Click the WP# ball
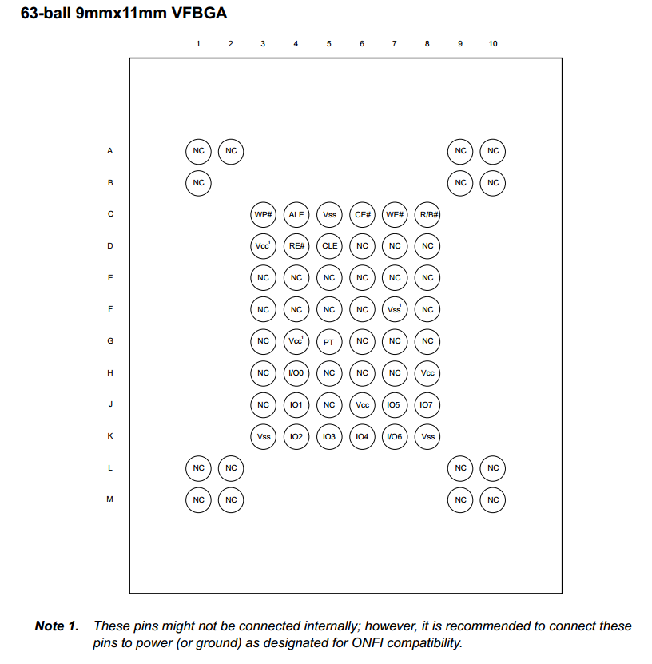point(264,214)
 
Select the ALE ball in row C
point(296,214)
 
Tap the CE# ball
point(362,214)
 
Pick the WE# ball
point(395,214)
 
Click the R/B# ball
point(427,214)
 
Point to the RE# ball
point(296,246)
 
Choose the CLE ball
point(329,246)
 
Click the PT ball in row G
point(329,341)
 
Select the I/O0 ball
point(296,373)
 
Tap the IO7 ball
point(427,405)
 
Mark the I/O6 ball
point(395,436)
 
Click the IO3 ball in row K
point(329,436)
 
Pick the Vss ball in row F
point(395,309)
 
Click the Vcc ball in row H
point(427,373)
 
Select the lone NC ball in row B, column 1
point(198,183)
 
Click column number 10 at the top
point(493,43)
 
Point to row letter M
point(110,499)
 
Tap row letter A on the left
point(110,150)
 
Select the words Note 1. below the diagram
point(57,626)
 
